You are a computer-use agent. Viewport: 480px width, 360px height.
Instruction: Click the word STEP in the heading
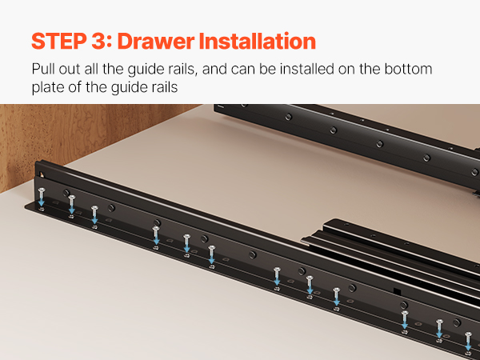58,41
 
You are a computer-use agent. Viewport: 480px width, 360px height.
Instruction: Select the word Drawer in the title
156,41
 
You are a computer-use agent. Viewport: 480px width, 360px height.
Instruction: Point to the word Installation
257,41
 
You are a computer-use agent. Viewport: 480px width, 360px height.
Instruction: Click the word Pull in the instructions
43,69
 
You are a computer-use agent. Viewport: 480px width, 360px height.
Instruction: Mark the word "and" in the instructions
214,69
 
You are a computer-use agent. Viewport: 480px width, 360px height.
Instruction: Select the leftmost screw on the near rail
42,193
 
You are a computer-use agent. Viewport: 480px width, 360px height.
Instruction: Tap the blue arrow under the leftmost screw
42,202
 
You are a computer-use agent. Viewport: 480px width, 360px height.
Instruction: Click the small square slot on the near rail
397,291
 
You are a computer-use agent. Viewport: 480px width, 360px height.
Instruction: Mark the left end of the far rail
215,108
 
